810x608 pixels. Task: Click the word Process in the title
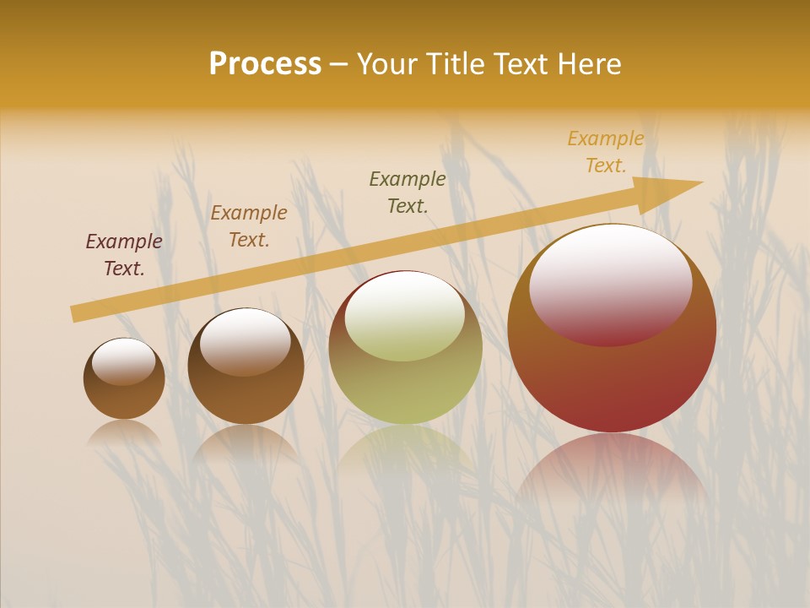coord(265,64)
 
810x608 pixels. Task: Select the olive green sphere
coord(406,389)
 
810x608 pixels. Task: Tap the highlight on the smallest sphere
coord(124,361)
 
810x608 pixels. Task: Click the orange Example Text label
coord(606,152)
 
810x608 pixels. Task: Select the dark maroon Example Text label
coord(124,255)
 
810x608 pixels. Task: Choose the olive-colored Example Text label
coord(408,192)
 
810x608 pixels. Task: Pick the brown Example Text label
coord(249,226)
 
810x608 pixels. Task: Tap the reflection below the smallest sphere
coord(124,432)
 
